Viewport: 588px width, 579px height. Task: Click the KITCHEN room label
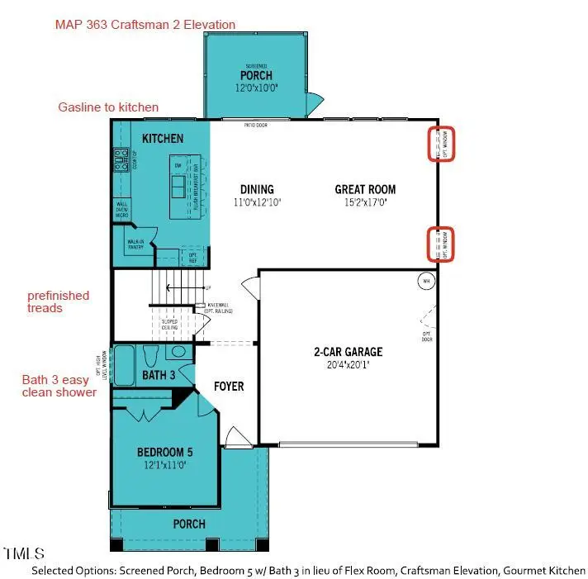point(163,138)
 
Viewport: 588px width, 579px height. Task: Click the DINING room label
point(257,189)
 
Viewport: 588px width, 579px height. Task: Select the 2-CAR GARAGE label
point(348,351)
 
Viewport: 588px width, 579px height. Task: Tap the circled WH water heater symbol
point(426,281)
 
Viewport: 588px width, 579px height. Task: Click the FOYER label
point(228,386)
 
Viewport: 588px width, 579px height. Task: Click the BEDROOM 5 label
point(165,452)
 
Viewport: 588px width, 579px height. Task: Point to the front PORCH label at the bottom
point(188,524)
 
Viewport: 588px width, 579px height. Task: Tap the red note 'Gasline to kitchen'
point(108,107)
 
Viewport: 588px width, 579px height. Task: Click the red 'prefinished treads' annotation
point(58,301)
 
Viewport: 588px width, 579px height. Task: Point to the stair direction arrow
point(175,288)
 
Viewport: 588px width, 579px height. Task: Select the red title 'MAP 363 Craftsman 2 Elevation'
point(145,25)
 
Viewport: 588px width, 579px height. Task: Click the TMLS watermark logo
point(25,553)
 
